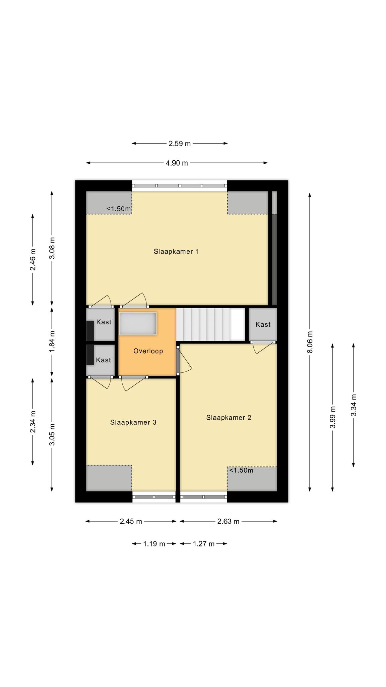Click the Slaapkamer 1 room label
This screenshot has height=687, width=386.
pos(176,251)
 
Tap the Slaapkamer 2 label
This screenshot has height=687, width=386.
pos(229,418)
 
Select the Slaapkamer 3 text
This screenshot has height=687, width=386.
pos(133,422)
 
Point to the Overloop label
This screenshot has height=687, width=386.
pos(148,351)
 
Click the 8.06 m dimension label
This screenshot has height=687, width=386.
pos(310,342)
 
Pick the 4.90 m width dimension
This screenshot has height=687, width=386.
pos(177,163)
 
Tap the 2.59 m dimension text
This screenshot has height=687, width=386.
pos(180,144)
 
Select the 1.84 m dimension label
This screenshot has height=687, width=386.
pos(52,342)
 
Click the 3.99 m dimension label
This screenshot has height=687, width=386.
pos(333,417)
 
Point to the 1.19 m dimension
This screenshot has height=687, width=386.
pos(154,544)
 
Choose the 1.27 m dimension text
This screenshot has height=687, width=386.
pos(203,544)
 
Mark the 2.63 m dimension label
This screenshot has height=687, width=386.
pos(228,522)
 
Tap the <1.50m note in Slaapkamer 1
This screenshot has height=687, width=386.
pos(119,209)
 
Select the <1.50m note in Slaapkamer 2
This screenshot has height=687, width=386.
pos(241,471)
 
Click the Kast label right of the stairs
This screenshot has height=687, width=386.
pos(263,325)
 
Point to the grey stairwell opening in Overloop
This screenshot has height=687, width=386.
pos(138,323)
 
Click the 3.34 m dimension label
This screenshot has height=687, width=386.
pos(353,405)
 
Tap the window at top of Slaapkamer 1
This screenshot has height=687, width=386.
pos(180,186)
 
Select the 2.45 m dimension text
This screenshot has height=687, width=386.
pos(131,522)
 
